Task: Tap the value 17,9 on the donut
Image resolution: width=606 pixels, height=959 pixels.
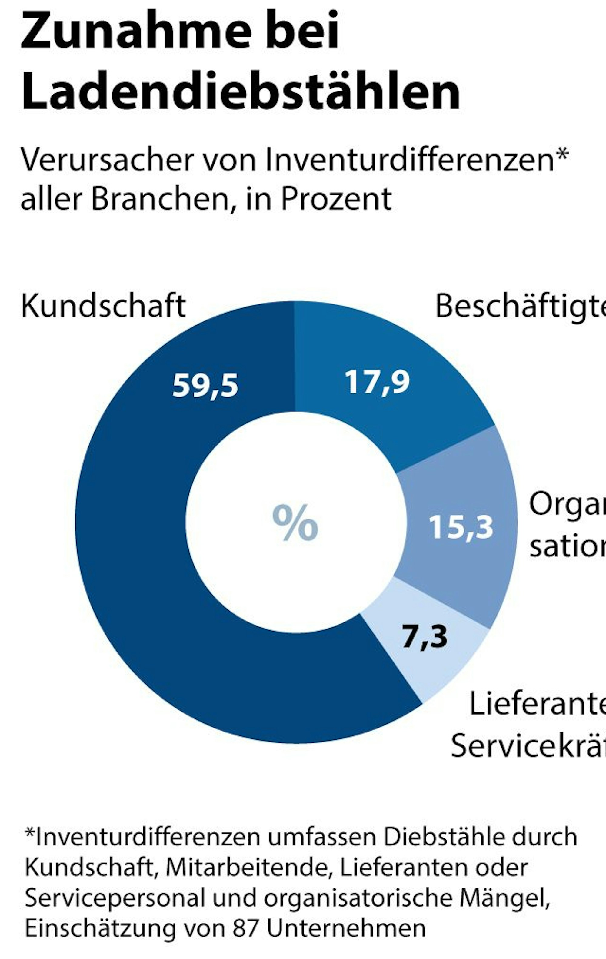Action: [377, 382]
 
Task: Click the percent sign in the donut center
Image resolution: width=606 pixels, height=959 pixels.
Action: [295, 523]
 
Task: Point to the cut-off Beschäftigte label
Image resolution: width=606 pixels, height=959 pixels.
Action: [520, 307]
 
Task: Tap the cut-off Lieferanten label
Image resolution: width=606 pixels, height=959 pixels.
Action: [538, 704]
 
